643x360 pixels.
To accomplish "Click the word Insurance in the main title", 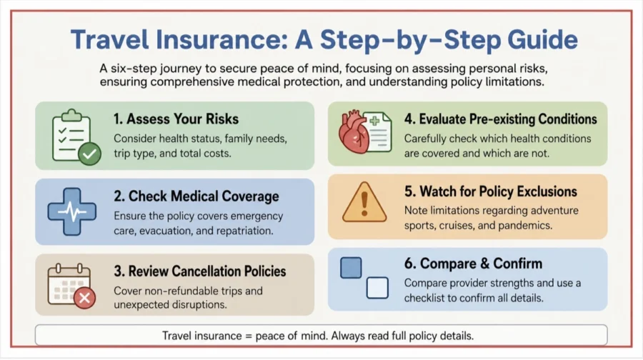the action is (x=221, y=40).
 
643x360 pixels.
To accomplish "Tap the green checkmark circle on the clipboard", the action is (x=89, y=154).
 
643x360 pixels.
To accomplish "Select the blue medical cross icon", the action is (x=72, y=211).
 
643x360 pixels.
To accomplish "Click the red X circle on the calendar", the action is (x=85, y=298).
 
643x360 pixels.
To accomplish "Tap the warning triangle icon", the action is (x=364, y=202).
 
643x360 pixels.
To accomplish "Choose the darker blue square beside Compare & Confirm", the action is (x=351, y=268).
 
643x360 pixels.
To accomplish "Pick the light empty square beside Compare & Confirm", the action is (x=377, y=288).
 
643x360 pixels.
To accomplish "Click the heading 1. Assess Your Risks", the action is (x=176, y=119).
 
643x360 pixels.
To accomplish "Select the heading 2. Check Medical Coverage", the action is (x=196, y=196).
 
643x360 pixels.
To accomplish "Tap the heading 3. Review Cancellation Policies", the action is (x=200, y=271).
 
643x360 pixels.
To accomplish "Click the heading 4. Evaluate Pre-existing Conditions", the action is (x=500, y=119).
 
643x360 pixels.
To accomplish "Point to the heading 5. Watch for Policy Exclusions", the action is (x=490, y=191).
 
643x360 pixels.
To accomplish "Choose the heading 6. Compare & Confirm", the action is (x=473, y=264).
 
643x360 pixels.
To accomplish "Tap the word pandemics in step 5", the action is (x=529, y=226).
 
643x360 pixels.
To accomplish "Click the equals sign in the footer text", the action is (x=249, y=336).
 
